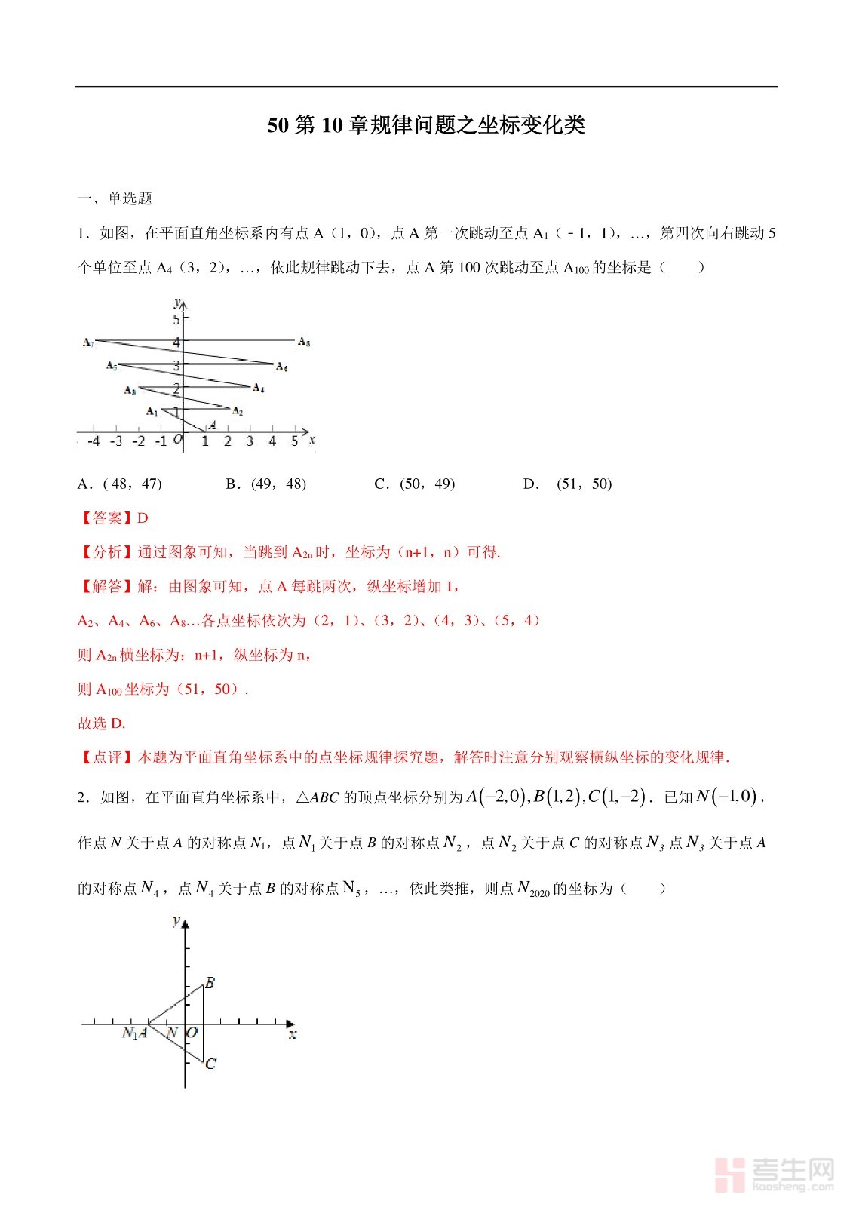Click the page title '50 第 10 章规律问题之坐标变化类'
(426, 125)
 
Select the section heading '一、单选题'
(115, 198)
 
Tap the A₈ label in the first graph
(304, 342)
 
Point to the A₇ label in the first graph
(88, 342)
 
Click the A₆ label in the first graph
(281, 367)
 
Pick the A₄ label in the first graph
(258, 388)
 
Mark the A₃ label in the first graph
(130, 391)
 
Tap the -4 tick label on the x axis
(93, 441)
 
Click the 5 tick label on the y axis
(176, 319)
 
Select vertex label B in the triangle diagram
(210, 983)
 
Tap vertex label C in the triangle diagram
(210, 1064)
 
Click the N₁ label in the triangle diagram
(129, 1033)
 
